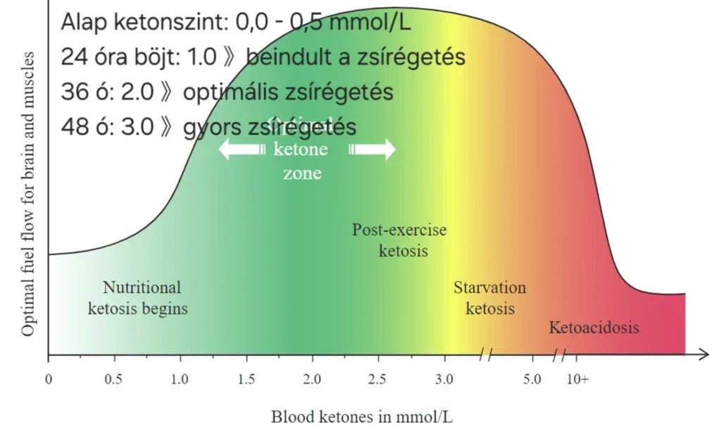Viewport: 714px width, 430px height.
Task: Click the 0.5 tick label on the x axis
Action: click(x=113, y=379)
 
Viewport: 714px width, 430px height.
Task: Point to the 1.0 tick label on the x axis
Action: click(x=179, y=379)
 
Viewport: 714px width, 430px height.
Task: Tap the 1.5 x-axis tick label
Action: click(x=246, y=379)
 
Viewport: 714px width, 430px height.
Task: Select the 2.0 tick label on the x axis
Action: click(x=312, y=379)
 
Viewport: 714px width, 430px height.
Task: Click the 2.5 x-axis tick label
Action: click(x=378, y=379)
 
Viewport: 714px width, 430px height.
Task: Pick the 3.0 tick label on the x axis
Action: click(x=444, y=379)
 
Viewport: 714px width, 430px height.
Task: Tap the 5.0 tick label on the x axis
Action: click(x=532, y=379)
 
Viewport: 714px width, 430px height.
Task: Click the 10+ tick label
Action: click(x=577, y=379)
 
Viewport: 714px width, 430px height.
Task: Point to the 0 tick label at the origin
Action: click(x=48, y=379)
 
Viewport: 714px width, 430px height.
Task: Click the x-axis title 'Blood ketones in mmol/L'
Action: click(x=362, y=417)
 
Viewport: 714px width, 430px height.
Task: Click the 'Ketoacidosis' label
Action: click(x=594, y=327)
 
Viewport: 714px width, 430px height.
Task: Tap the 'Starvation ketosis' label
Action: click(x=490, y=298)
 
